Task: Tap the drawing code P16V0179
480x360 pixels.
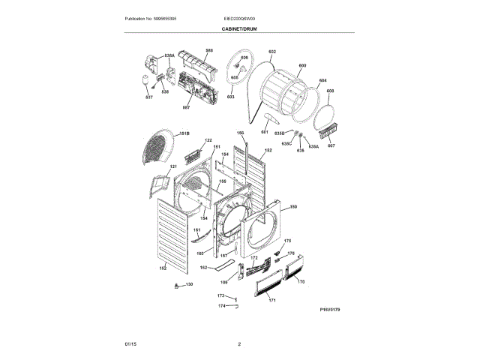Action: pyautogui.click(x=330, y=308)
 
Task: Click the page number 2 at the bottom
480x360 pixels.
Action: pyautogui.click(x=239, y=343)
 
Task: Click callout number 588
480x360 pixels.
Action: pyautogui.click(x=209, y=50)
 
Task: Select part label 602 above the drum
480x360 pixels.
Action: pyautogui.click(x=271, y=52)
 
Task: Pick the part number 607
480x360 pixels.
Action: pyautogui.click(x=331, y=145)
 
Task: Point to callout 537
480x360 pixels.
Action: pyautogui.click(x=148, y=97)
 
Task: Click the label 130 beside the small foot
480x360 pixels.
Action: pyautogui.click(x=189, y=284)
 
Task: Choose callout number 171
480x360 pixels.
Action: pyautogui.click(x=272, y=300)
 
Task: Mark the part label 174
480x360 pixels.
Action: pyautogui.click(x=221, y=306)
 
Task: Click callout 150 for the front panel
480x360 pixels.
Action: pyautogui.click(x=293, y=206)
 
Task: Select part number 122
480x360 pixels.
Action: pyautogui.click(x=208, y=140)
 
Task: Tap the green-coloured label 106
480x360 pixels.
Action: pyautogui.click(x=223, y=282)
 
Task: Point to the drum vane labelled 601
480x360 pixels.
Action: pyautogui.click(x=271, y=122)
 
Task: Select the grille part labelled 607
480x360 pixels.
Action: pyautogui.click(x=327, y=135)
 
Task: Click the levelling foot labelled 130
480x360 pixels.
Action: pyautogui.click(x=177, y=286)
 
